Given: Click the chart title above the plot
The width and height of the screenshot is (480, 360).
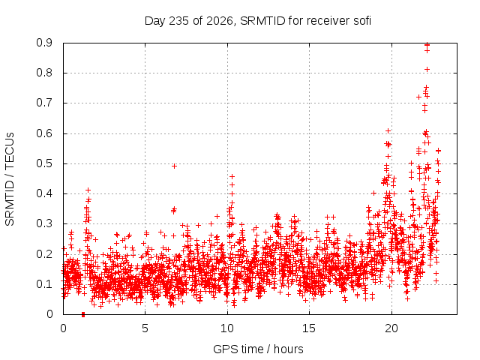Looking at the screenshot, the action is click(258, 21).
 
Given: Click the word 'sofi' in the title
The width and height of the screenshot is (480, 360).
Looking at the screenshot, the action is click(362, 21).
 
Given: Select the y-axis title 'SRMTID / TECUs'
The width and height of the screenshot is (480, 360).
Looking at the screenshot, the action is click(10, 179).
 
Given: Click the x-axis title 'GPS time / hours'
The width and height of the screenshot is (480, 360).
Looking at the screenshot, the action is click(258, 349).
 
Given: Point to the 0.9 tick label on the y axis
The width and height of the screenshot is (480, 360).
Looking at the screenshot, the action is click(44, 43).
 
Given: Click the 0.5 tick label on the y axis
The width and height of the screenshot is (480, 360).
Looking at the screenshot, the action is click(44, 163).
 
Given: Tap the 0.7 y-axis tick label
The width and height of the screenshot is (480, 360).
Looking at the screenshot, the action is click(44, 103).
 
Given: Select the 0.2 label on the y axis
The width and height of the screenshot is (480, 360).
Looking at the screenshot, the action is click(44, 254).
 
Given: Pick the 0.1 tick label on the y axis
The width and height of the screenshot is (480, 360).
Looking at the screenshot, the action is click(44, 284).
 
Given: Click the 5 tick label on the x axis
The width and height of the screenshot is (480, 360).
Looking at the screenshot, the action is click(145, 328).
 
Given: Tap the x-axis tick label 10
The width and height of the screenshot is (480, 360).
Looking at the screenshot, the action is click(227, 328).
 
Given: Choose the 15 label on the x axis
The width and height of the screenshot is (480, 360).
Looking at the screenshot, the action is click(309, 328).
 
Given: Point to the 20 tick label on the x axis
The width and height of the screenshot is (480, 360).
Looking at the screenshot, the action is click(391, 328).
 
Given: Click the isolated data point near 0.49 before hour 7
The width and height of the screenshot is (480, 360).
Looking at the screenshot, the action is click(174, 166).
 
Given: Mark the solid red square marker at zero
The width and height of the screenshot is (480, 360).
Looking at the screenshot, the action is click(83, 314).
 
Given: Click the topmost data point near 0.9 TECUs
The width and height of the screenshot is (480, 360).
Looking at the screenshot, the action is click(427, 45).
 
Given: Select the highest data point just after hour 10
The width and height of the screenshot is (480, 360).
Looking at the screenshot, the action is click(232, 176).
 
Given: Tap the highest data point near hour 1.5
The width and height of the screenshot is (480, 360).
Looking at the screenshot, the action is click(88, 190).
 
